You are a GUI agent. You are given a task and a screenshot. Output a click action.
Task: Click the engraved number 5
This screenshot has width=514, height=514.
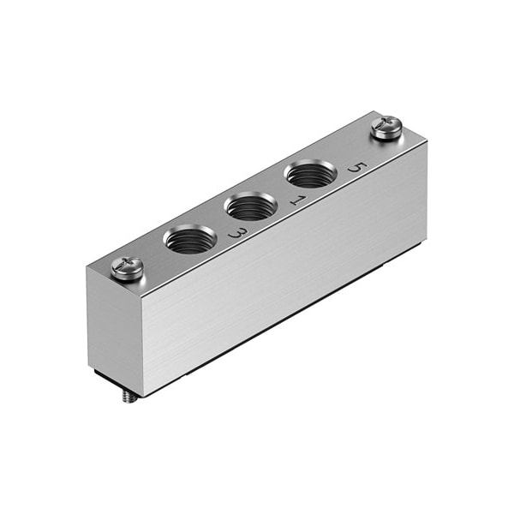tap(357, 168)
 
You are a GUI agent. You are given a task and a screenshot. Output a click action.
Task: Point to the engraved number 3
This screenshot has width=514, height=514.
tap(239, 233)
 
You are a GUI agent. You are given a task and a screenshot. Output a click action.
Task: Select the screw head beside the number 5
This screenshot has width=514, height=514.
tap(386, 128)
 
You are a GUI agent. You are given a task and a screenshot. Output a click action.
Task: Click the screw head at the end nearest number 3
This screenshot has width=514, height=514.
tap(127, 269)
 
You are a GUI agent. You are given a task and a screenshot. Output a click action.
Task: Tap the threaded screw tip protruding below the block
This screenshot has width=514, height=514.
tap(129, 397)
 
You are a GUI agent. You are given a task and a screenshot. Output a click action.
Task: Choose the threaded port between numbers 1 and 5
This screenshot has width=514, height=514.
tap(310, 174)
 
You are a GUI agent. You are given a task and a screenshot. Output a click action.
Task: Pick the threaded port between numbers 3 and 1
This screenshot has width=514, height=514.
tap(251, 206)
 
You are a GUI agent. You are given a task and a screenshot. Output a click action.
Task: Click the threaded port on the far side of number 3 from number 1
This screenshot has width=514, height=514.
tap(190, 240)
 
